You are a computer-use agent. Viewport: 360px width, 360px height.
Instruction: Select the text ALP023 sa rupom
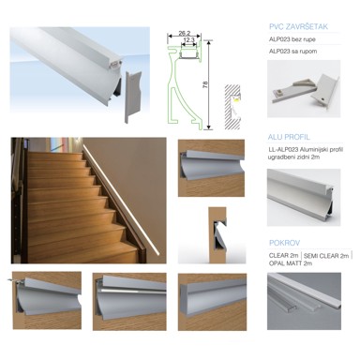click(293, 53)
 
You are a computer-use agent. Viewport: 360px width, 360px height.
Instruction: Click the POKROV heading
click(283, 243)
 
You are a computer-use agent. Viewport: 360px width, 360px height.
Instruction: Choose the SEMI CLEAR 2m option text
click(322, 255)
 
